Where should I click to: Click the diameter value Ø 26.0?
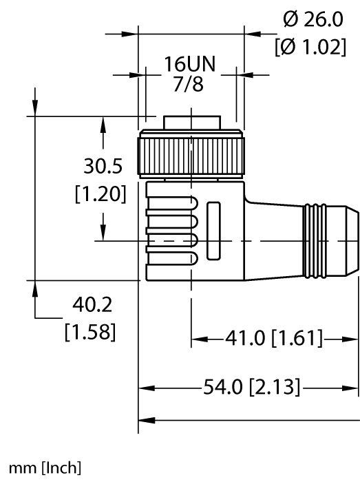314,20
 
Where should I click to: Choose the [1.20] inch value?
100,194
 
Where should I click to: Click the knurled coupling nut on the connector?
192,156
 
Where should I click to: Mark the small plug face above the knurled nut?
192,123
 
